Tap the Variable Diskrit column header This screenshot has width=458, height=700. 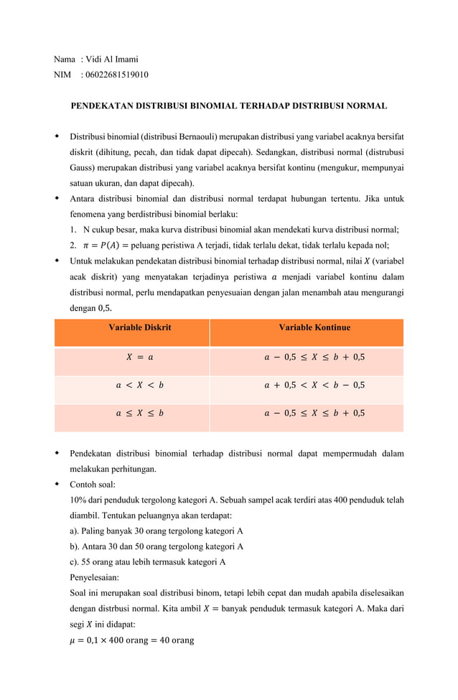pos(139,327)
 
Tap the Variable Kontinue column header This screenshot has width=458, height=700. pos(314,327)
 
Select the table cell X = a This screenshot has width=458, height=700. pos(139,356)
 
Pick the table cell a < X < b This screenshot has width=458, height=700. pos(139,385)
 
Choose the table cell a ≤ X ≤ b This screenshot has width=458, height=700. pos(139,413)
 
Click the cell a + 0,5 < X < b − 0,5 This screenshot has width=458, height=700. pos(314,385)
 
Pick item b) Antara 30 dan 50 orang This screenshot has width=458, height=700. pos(156,546)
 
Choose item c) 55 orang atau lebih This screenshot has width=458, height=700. pos(148,562)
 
